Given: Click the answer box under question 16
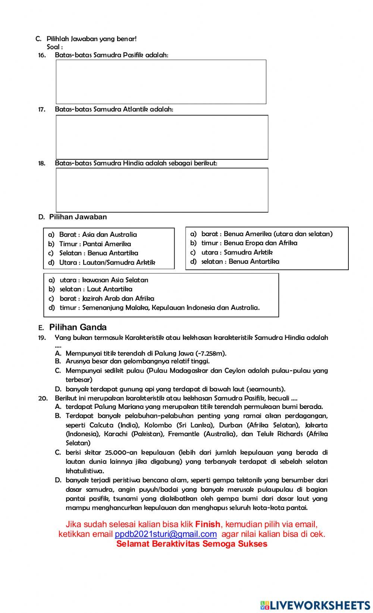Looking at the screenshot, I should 161,82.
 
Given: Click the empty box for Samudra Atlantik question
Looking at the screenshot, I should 162,137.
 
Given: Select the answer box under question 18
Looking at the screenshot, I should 162,190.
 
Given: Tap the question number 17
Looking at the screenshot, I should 42,109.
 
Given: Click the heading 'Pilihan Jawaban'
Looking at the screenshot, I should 78,217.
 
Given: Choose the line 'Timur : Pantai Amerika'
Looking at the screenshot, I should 95,244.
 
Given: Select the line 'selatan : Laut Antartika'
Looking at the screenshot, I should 96,289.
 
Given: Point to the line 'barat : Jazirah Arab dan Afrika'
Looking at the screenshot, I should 107,298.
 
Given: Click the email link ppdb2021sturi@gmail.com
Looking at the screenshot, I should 166,534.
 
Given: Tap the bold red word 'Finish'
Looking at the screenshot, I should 208,524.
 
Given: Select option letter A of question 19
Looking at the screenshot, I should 58,353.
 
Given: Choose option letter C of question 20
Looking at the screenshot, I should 58,453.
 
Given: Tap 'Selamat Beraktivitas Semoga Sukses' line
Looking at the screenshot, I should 192,544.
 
